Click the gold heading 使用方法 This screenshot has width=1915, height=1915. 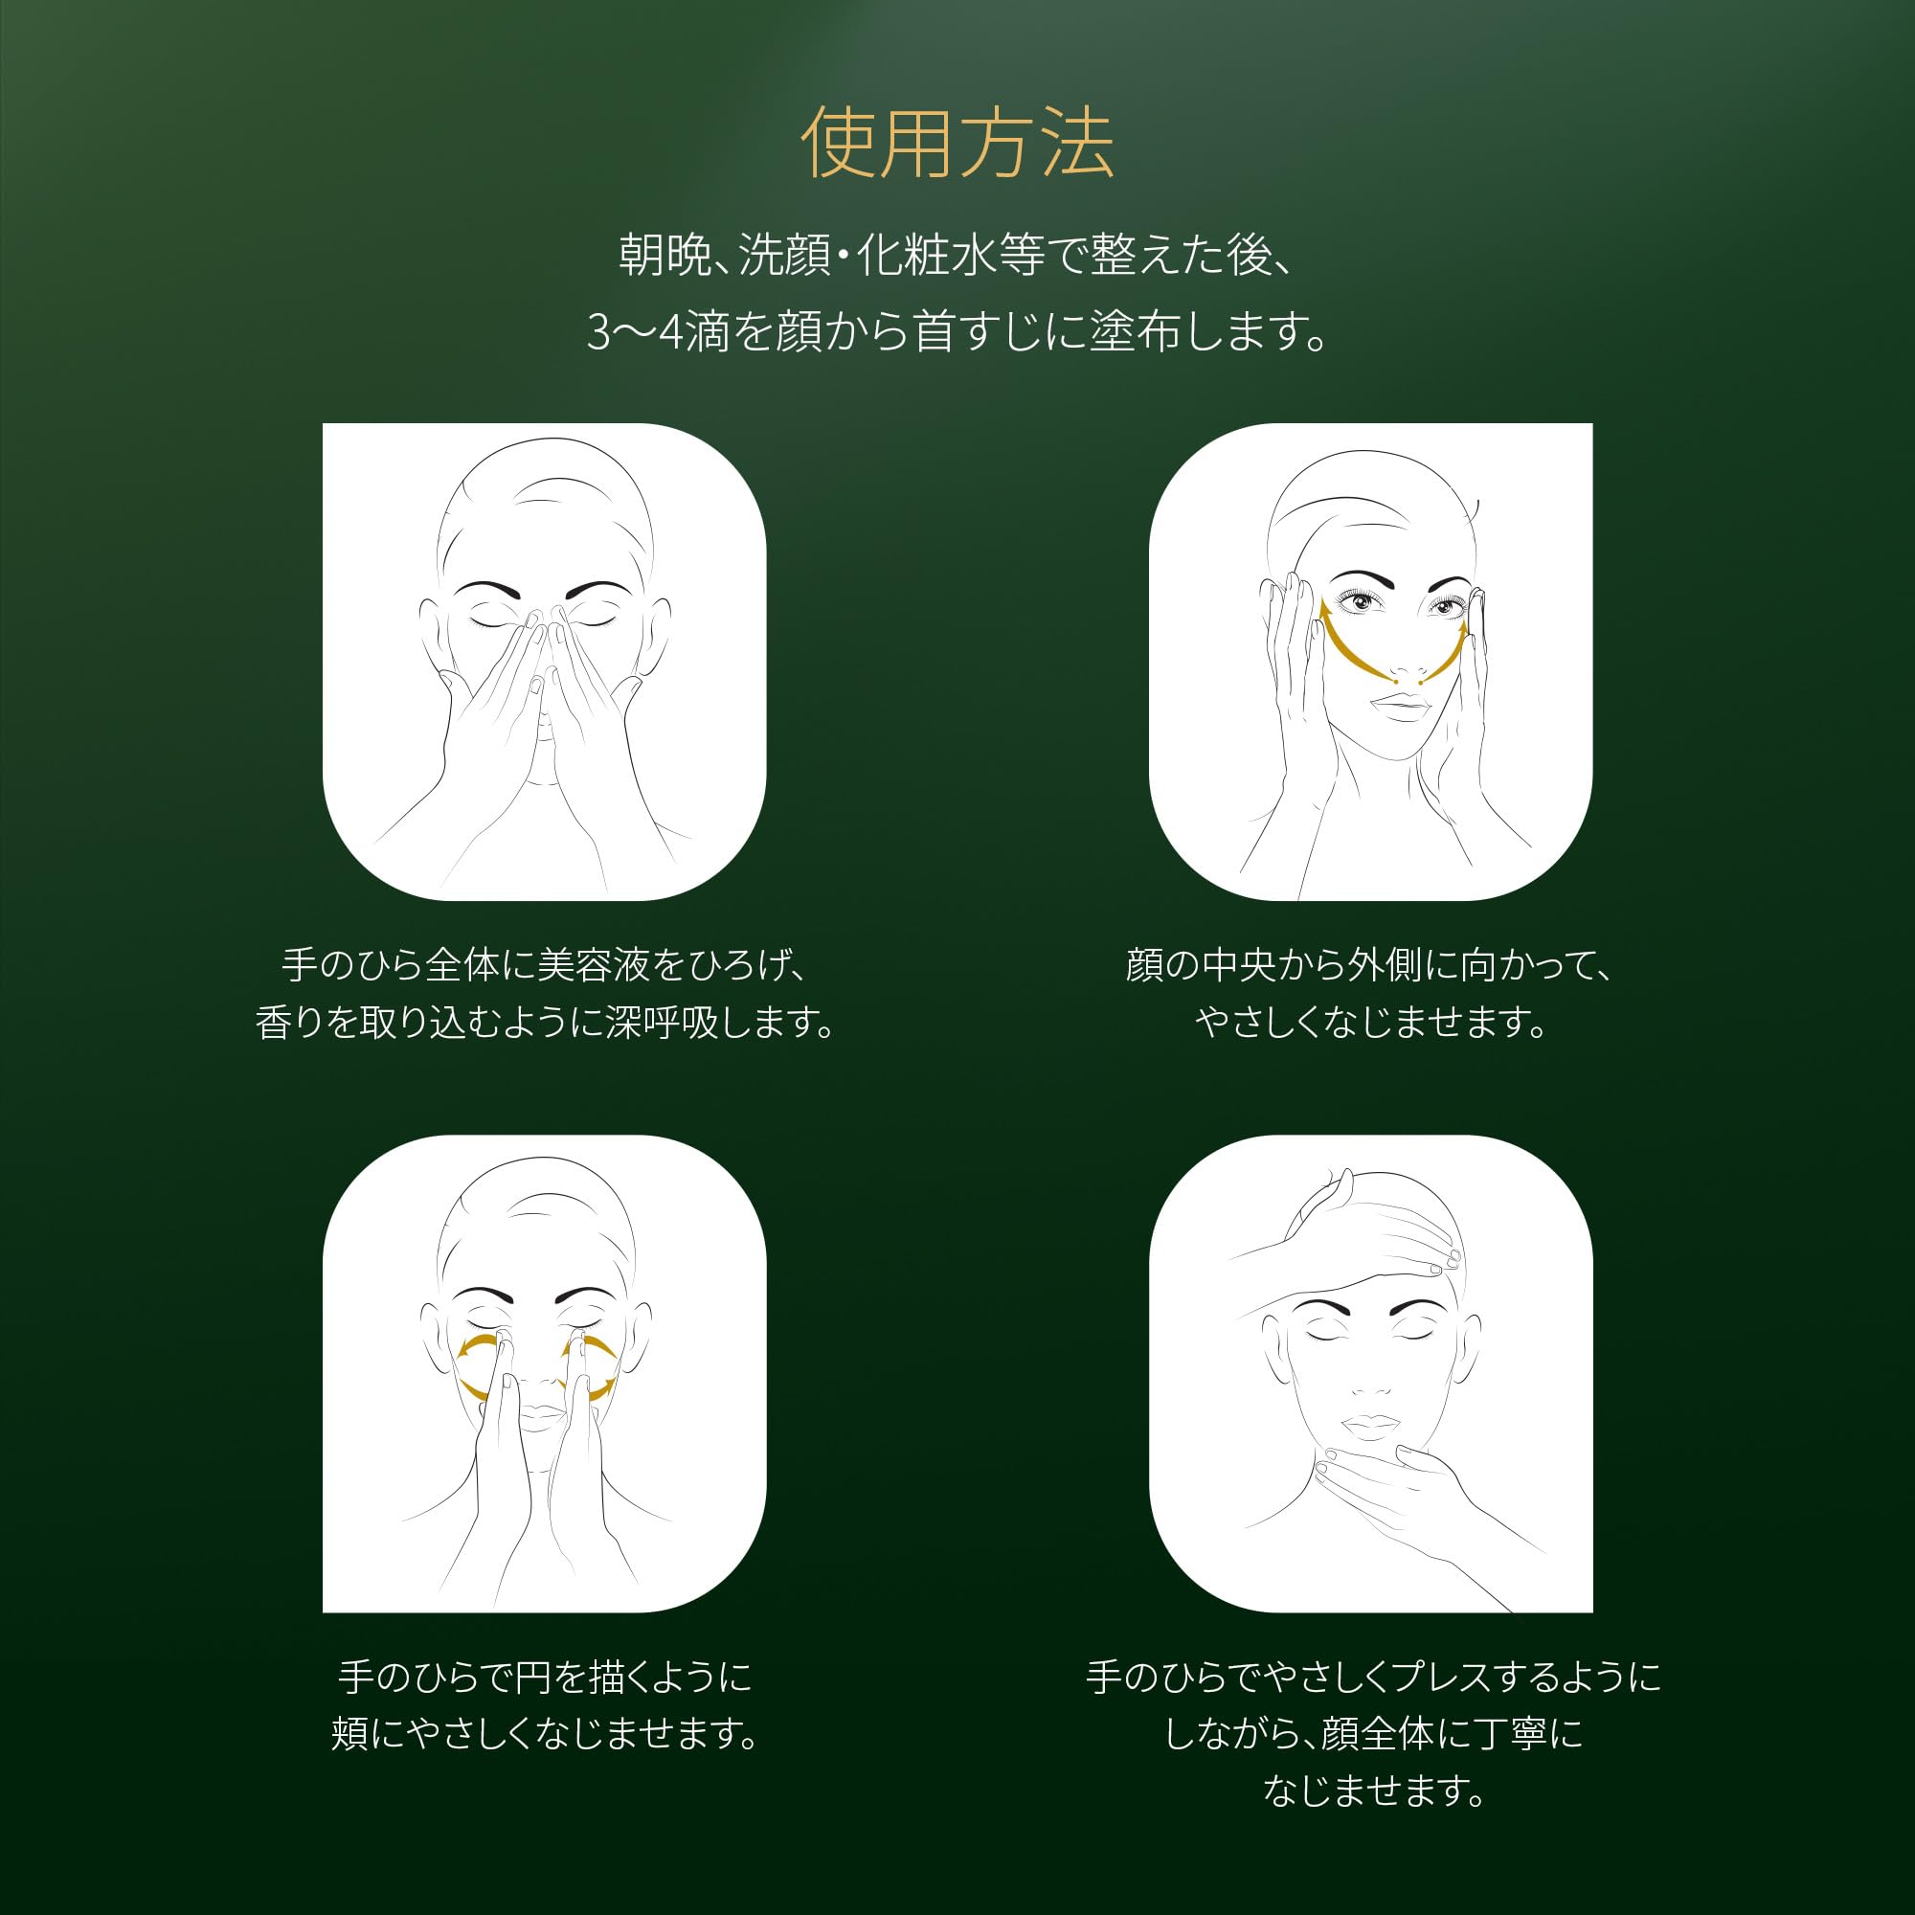[x=957, y=145]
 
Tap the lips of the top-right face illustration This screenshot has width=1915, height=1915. [x=1402, y=708]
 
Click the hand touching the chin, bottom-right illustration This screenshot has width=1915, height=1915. [x=1408, y=1487]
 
